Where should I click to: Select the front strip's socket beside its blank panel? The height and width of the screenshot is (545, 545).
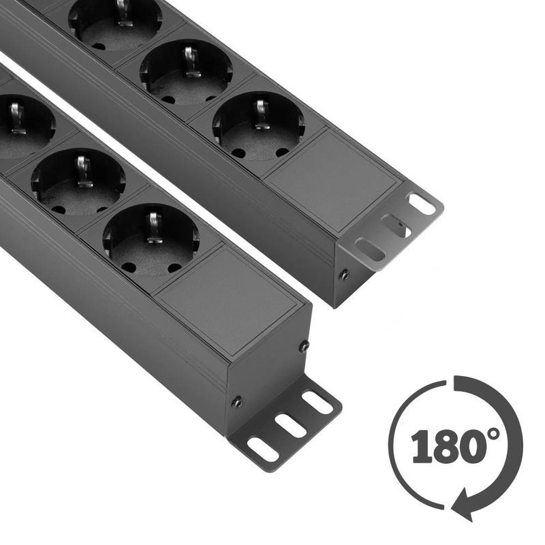(x=151, y=238)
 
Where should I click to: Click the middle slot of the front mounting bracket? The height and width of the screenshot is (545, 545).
(x=290, y=426)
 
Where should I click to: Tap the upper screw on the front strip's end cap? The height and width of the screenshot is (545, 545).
(x=303, y=347)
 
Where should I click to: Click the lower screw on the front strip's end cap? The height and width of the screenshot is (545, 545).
(x=236, y=402)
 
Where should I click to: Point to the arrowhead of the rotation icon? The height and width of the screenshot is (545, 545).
(x=467, y=508)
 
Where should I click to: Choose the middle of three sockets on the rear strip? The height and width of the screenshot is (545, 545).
(x=186, y=72)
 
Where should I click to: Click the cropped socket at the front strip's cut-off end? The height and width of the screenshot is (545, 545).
(x=20, y=127)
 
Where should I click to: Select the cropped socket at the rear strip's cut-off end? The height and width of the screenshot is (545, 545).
(x=116, y=20)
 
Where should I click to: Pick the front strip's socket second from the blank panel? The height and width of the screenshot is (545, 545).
(x=78, y=181)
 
